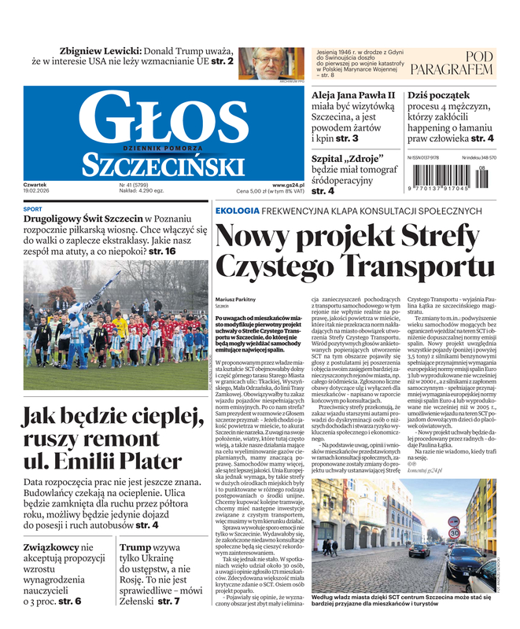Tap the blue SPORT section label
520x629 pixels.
33,209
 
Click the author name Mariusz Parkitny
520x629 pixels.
235,300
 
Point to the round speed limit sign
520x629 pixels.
454,534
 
